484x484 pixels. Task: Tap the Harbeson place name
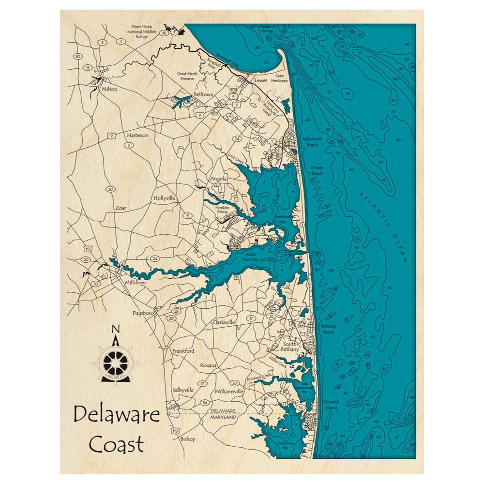point(137,136)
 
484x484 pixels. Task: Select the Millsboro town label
point(136,282)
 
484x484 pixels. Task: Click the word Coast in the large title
point(117,444)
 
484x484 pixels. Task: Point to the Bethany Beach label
point(328,329)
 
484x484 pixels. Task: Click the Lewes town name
point(260,80)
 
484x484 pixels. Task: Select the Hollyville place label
point(164,198)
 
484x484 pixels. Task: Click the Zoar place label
point(121,208)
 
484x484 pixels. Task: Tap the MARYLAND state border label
point(224,417)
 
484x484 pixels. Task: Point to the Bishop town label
point(187,439)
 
